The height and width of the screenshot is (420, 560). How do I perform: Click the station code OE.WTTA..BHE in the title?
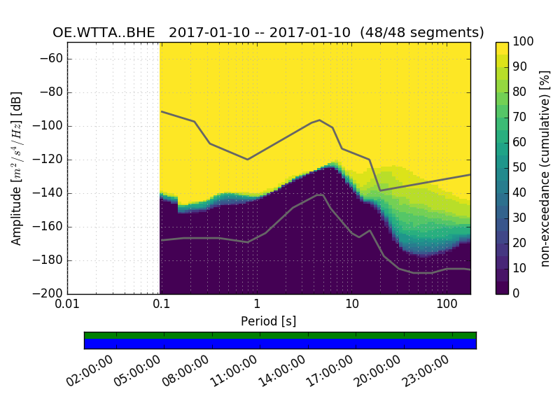coord(105,33)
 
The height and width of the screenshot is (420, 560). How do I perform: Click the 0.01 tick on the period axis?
coord(67,306)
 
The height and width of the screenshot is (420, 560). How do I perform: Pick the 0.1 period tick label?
coord(162,306)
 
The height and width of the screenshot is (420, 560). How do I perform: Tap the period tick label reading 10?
coord(352,306)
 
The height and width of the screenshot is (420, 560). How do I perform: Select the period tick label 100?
coord(447,306)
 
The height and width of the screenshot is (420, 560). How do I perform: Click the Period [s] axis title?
coord(269,322)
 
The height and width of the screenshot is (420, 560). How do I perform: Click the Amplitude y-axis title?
coord(17,168)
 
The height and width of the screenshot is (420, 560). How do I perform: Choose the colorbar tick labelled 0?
coord(517,293)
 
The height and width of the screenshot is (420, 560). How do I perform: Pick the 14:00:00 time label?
coord(282,371)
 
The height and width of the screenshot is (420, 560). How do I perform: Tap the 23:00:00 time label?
coord(426,371)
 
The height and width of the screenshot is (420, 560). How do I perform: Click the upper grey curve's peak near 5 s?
coord(320,120)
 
